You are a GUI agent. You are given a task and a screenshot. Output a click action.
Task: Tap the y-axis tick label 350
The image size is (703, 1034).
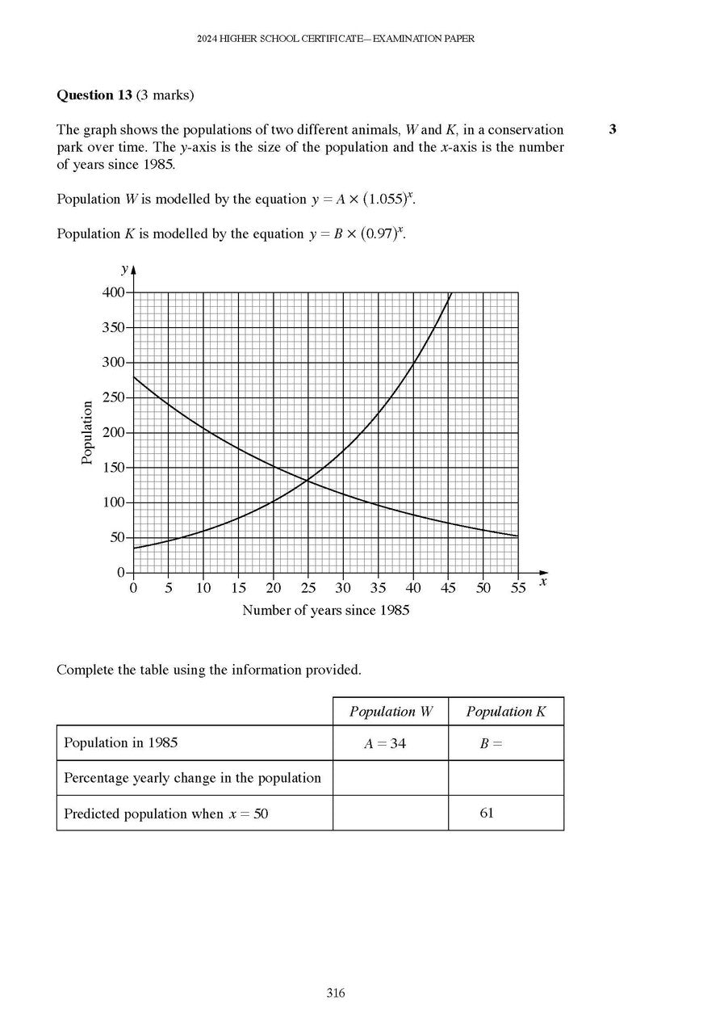coord(113,328)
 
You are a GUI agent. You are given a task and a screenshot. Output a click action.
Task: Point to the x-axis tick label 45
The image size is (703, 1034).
coord(448,588)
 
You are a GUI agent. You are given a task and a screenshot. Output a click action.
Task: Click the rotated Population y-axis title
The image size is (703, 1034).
coord(87,433)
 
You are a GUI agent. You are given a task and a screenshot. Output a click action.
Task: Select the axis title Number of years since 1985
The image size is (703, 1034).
coord(325,611)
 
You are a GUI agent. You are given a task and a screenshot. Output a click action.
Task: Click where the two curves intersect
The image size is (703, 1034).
coord(308,481)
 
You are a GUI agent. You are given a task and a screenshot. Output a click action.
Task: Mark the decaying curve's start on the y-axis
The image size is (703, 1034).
coord(134,377)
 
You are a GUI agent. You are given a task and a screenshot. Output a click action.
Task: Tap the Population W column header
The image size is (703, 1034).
coord(391,712)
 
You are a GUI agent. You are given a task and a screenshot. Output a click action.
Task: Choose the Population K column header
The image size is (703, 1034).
coord(505,712)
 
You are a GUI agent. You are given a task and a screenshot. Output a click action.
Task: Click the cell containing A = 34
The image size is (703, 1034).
coord(385,744)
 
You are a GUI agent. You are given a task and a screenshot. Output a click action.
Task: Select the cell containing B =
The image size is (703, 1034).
coord(491,744)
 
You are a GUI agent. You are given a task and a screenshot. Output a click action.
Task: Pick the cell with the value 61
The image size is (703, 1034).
coord(487,813)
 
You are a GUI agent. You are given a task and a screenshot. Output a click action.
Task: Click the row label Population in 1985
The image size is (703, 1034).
coord(121,743)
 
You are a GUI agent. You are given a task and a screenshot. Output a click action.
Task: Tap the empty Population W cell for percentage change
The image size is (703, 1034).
coord(391,778)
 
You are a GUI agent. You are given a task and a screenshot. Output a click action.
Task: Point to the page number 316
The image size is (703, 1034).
coord(336,994)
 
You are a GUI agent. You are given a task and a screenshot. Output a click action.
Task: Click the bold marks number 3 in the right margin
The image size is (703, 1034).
coord(613,129)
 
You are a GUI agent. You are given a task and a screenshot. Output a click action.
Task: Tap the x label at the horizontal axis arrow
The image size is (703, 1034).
coord(543,582)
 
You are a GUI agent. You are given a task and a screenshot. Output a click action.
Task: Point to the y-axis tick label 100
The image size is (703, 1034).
coord(113,503)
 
